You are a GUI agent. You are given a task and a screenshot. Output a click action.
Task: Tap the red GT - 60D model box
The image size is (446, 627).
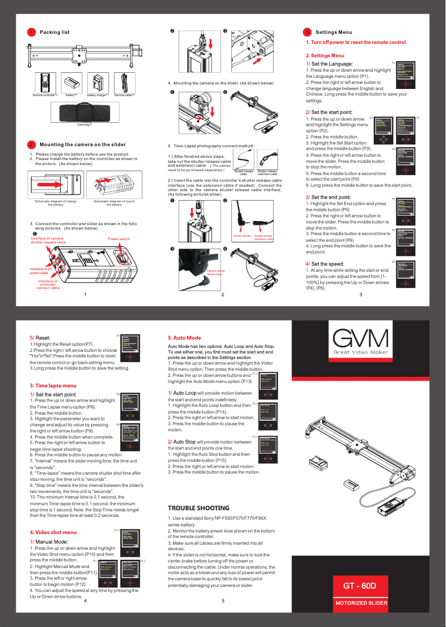point(360,586)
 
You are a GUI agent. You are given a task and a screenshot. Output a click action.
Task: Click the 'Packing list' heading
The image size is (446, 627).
point(54,32)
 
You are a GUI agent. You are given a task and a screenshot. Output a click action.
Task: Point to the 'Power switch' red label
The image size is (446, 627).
point(119,238)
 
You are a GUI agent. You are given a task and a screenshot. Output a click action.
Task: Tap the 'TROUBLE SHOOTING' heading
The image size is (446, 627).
point(198,508)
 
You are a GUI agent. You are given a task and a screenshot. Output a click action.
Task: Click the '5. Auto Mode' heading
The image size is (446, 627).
point(184,337)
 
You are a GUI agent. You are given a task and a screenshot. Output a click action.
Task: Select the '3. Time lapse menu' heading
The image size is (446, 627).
point(53,385)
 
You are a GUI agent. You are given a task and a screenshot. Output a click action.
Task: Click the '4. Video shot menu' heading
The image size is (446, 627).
point(53,533)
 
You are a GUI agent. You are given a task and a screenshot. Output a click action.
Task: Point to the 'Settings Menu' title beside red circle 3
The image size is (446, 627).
point(334,32)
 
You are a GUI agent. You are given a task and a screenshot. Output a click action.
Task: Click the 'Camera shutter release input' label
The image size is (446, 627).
point(215,272)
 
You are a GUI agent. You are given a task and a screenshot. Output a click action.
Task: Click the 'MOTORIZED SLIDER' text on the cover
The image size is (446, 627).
point(360,603)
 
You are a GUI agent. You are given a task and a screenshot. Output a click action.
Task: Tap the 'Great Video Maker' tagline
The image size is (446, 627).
point(360,353)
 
